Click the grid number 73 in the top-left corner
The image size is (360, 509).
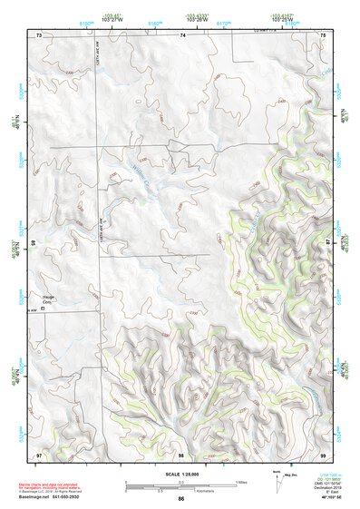point(39,34)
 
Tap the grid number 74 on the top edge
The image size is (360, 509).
point(181,34)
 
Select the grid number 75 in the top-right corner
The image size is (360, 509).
point(323,34)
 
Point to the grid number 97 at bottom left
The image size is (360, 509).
point(39,454)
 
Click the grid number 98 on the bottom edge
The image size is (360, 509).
point(181,454)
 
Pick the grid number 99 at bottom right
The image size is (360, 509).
point(323,454)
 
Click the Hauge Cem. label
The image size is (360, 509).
point(49,298)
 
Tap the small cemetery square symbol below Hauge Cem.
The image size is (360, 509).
point(42,309)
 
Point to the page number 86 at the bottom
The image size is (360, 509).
point(181,500)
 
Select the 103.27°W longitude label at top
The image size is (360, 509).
point(112,17)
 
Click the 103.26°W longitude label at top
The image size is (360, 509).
point(197,17)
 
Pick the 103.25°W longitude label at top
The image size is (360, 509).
point(280,17)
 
